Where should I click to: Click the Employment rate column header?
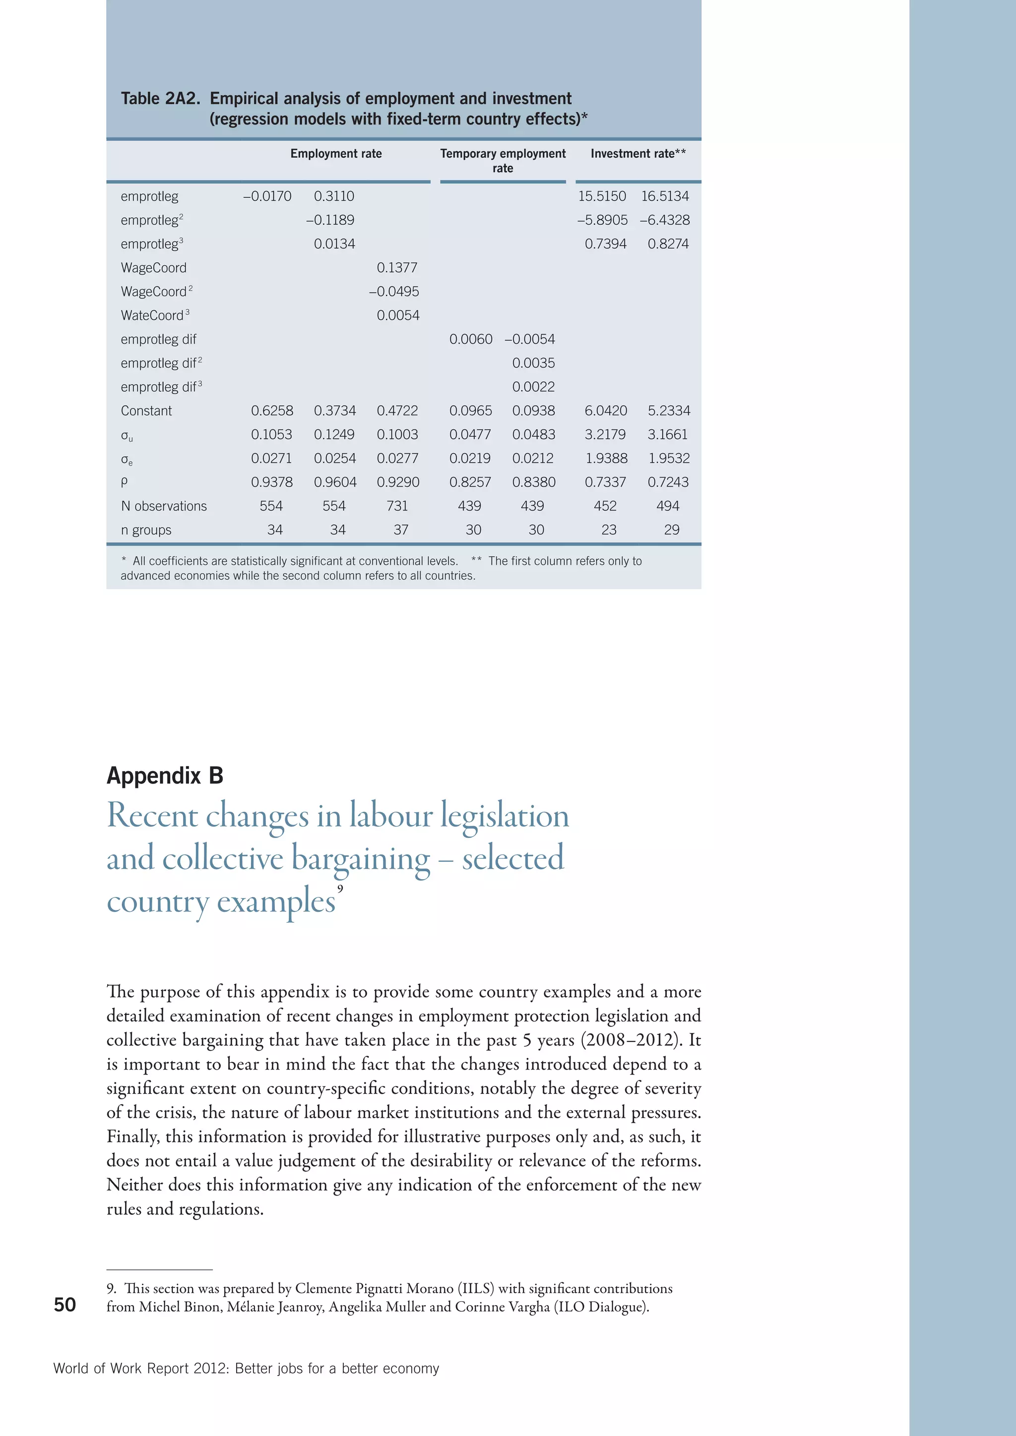(335, 154)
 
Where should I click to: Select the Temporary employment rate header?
(503, 161)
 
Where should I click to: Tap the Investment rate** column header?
(637, 154)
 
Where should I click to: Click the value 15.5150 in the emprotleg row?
(601, 196)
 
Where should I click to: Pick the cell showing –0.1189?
(330, 220)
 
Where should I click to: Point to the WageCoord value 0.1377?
(397, 268)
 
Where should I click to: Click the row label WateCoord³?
(154, 315)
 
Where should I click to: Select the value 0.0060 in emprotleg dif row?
(470, 339)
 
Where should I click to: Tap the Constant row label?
(146, 411)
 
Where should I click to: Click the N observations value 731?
(397, 506)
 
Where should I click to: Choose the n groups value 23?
(608, 530)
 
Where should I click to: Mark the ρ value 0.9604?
(335, 482)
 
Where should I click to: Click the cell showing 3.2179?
(604, 435)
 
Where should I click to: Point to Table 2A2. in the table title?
(160, 99)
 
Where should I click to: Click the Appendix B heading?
(165, 776)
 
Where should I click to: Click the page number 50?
(64, 1305)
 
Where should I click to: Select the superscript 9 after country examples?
(340, 889)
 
